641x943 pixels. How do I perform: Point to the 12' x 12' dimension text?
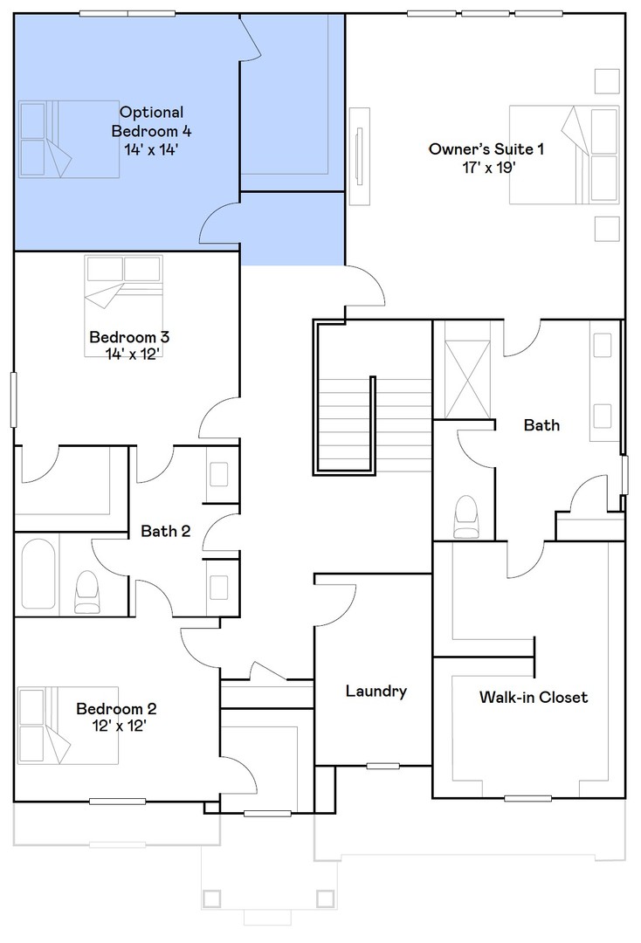[x=116, y=725]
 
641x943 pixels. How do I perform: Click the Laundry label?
[x=376, y=692]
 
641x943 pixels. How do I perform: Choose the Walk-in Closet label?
[x=533, y=697]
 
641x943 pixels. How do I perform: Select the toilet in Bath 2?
[x=87, y=592]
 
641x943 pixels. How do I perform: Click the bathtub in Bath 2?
[x=38, y=574]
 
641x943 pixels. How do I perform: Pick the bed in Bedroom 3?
[x=123, y=305]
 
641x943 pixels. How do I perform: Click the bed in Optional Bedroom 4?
[x=69, y=138]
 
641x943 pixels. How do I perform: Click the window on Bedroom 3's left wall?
[x=14, y=400]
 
